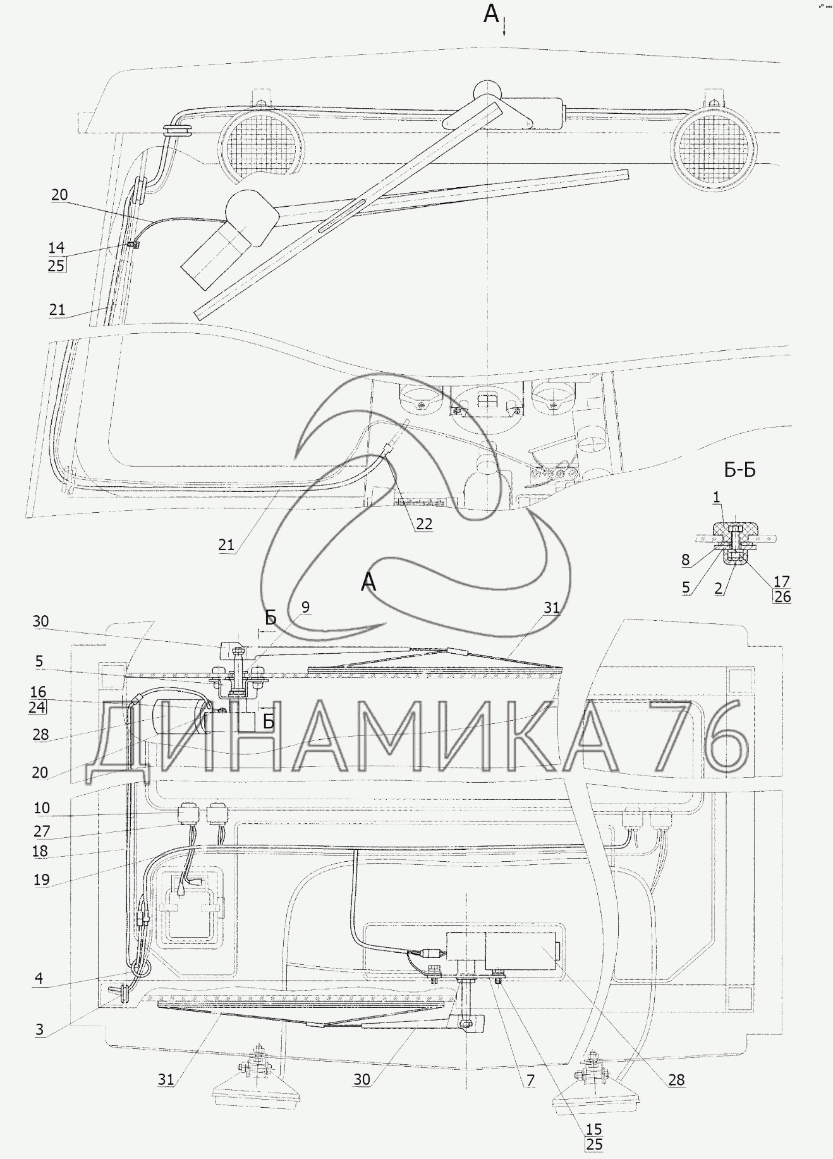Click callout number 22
(x=424, y=524)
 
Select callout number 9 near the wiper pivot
(x=305, y=607)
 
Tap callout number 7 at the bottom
(x=530, y=1080)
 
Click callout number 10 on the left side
(x=41, y=808)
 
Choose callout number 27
(x=42, y=831)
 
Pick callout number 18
(x=40, y=851)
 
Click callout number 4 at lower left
(x=39, y=978)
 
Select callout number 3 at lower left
(x=40, y=1029)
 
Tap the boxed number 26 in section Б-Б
(x=782, y=596)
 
